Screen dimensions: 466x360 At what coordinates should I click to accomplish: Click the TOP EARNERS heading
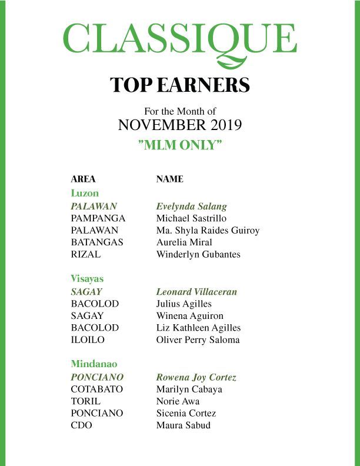pyautogui.click(x=180, y=85)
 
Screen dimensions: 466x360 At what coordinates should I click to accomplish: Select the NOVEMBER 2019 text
pyautogui.click(x=180, y=125)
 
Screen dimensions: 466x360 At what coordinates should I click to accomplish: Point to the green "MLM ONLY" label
pyautogui.click(x=180, y=145)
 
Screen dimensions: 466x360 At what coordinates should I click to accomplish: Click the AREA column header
pyautogui.click(x=83, y=179)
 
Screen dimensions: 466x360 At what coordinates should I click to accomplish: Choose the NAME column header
pyautogui.click(x=169, y=179)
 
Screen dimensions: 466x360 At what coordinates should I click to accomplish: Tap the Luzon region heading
pyautogui.click(x=85, y=193)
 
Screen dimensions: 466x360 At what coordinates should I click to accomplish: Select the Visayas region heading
pyautogui.click(x=87, y=278)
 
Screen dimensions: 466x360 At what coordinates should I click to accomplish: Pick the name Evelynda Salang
pyautogui.click(x=191, y=207)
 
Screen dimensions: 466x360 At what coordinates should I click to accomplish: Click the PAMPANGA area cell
pyautogui.click(x=98, y=218)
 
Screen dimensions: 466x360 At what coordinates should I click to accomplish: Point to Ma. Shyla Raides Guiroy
pyautogui.click(x=208, y=231)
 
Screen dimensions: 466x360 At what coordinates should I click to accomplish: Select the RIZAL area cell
pyautogui.click(x=85, y=255)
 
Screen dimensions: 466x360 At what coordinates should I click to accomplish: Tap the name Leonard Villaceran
pyautogui.click(x=196, y=292)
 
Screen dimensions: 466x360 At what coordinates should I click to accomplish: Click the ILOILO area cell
pyautogui.click(x=88, y=340)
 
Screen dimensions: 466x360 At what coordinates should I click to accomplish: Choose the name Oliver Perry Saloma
pyautogui.click(x=198, y=340)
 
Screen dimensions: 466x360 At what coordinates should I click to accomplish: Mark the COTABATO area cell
pyautogui.click(x=97, y=390)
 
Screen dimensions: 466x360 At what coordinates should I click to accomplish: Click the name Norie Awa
pyautogui.click(x=178, y=401)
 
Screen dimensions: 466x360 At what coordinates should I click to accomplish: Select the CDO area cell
pyautogui.click(x=81, y=425)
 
